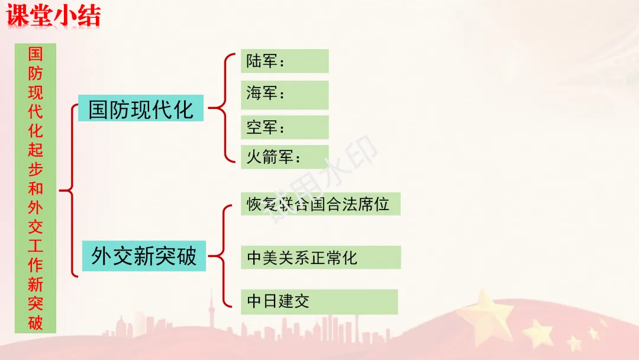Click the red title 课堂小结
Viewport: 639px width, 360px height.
[x=53, y=16]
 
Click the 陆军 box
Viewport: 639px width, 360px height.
[x=285, y=61]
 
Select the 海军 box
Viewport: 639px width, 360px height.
[x=285, y=94]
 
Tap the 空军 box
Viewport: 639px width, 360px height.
[x=285, y=127]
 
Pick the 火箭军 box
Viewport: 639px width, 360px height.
[x=285, y=157]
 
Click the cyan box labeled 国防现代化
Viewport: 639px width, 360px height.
[x=141, y=109]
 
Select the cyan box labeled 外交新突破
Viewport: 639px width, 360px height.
[x=144, y=256]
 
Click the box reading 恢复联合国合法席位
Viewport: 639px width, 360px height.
[x=320, y=204]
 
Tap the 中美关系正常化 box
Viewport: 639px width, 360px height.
[x=320, y=258]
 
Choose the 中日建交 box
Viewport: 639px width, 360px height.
[x=319, y=302]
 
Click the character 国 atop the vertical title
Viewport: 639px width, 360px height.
[x=35, y=55]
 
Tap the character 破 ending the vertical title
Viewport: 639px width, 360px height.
[x=35, y=323]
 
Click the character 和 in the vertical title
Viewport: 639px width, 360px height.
[x=35, y=189]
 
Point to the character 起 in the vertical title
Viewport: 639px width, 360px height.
[x=35, y=150]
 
